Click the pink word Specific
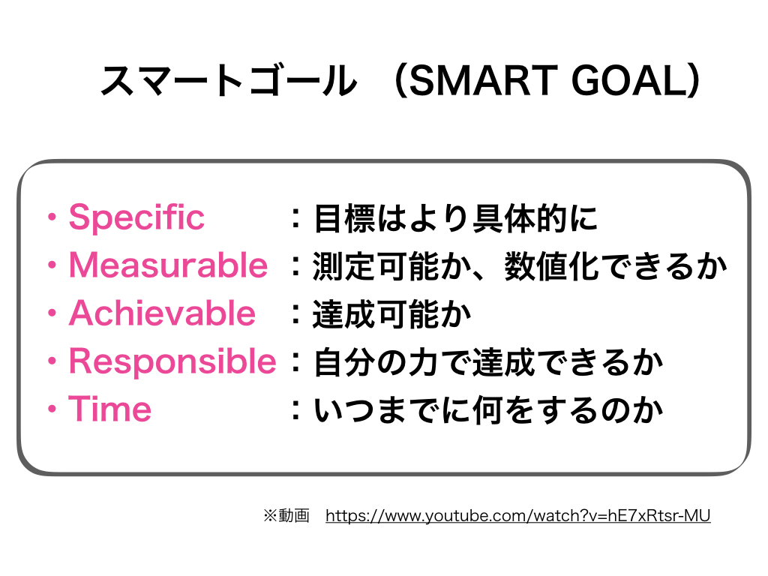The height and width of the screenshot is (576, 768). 136,217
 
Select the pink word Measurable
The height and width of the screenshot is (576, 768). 168,265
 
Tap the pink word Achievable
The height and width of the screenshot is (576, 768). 162,313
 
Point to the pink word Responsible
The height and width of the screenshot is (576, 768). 172,362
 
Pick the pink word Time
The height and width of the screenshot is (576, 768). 110,409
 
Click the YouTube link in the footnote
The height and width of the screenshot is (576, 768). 517,516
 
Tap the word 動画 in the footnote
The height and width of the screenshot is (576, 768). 293,516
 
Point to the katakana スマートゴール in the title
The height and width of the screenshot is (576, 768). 229,80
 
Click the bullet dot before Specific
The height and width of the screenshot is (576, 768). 52,217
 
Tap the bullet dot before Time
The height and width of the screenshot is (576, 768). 52,409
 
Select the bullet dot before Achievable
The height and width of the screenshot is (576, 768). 52,313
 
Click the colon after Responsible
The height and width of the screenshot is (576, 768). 295,362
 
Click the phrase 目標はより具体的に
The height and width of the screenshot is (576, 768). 455,218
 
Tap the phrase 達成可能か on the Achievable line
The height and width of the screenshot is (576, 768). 391,314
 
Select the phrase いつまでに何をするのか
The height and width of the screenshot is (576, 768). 488,410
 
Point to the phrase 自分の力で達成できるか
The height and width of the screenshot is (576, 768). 488,362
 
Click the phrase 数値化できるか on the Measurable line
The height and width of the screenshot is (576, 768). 616,266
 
